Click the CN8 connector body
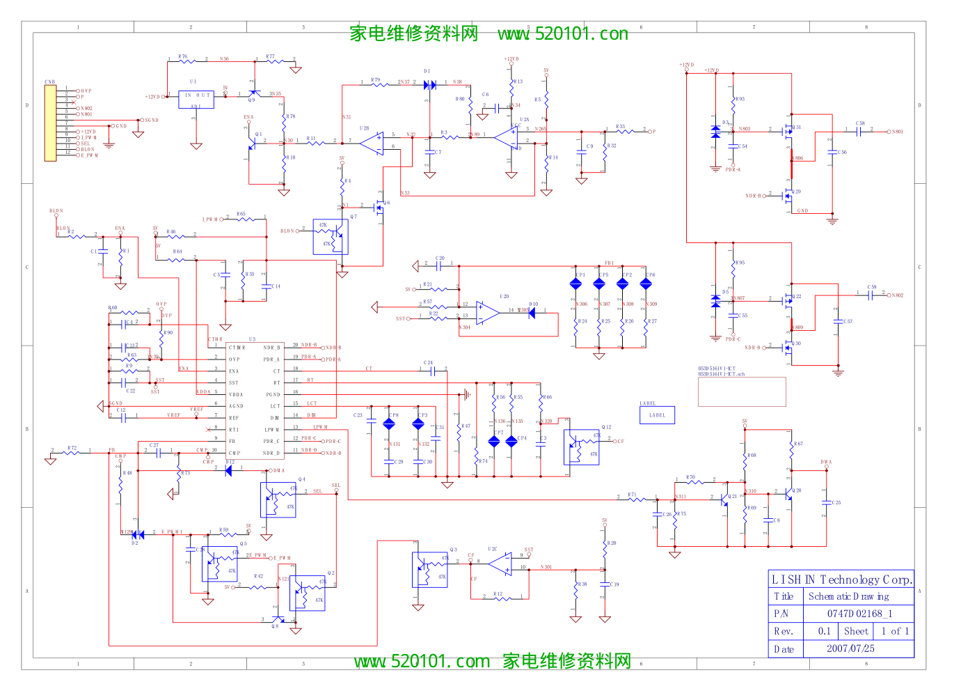(x=50, y=123)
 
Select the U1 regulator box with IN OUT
(x=196, y=99)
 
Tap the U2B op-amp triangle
(x=372, y=143)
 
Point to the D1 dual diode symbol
(x=430, y=85)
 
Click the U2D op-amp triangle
(x=488, y=313)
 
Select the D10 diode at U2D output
(x=532, y=313)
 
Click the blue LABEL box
(x=657, y=415)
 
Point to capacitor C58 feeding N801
(x=859, y=131)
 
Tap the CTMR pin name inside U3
(x=237, y=347)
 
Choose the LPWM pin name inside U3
(x=271, y=429)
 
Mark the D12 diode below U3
(x=228, y=470)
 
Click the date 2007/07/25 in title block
(x=850, y=649)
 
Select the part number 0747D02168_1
(x=859, y=614)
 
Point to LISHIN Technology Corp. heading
(x=841, y=580)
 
